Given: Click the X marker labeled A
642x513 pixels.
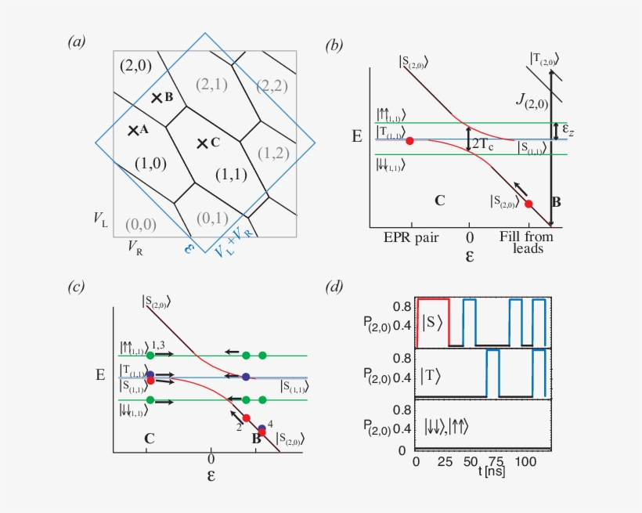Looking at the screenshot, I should point(133,130).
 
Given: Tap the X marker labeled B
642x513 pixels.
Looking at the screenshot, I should point(157,97).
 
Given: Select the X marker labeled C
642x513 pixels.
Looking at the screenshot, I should point(202,143).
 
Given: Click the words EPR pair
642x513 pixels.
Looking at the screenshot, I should point(409,235).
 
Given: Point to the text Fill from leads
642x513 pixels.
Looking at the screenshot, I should point(527,241).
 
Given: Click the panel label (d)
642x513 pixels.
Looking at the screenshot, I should point(334,287).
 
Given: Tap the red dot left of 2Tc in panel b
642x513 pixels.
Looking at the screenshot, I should point(409,140).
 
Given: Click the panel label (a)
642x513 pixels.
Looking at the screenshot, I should point(77,43).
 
